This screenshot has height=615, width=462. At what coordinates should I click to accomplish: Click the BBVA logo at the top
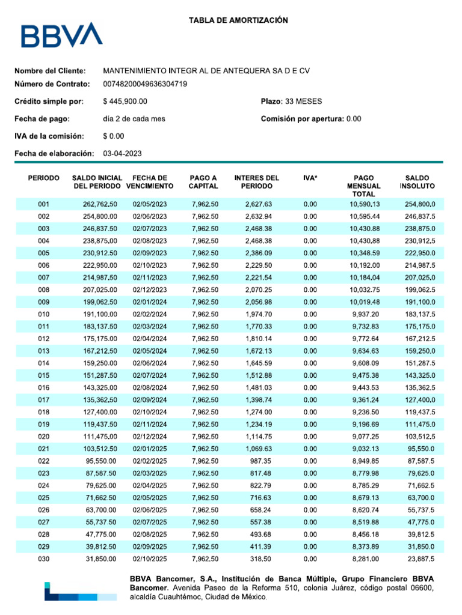[61, 35]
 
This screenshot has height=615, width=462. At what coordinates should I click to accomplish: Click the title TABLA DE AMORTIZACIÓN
[239, 20]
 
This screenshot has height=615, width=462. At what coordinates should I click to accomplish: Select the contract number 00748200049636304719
[145, 84]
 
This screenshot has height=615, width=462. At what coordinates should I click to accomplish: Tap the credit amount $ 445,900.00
[125, 102]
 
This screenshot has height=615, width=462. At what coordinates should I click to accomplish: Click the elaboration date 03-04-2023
[123, 154]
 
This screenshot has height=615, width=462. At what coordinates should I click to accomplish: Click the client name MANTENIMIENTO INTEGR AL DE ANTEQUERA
[206, 71]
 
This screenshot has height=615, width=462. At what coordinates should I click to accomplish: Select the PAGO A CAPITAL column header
[203, 182]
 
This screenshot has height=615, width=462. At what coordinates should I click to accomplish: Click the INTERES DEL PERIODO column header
[257, 182]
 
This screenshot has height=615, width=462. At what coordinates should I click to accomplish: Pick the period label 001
[43, 205]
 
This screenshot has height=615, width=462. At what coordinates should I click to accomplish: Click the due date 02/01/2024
[150, 300]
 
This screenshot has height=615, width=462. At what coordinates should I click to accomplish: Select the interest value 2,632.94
[259, 217]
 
